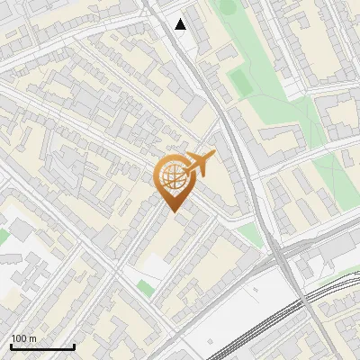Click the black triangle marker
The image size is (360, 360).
point(181,24)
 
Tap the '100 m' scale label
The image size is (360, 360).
point(23,339)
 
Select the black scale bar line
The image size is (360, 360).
point(42,346)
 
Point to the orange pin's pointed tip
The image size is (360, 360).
point(174,211)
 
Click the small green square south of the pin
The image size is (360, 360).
point(145,288)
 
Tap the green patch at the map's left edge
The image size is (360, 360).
point(3,236)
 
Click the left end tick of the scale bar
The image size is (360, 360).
point(11,346)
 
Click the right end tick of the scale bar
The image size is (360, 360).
point(74,346)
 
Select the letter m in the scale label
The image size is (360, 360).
point(32,339)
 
